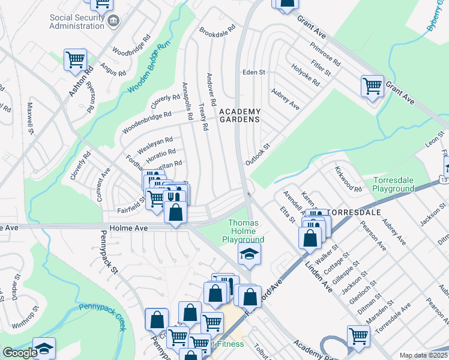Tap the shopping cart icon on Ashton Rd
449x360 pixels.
76,59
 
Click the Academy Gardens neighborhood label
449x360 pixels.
240,115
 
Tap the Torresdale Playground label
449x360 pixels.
394,184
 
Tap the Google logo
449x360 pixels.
20,353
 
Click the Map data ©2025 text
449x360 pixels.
423,355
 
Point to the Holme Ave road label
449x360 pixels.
125,229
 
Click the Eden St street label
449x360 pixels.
253,72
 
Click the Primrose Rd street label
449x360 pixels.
325,54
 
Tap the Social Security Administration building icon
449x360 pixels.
113,22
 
